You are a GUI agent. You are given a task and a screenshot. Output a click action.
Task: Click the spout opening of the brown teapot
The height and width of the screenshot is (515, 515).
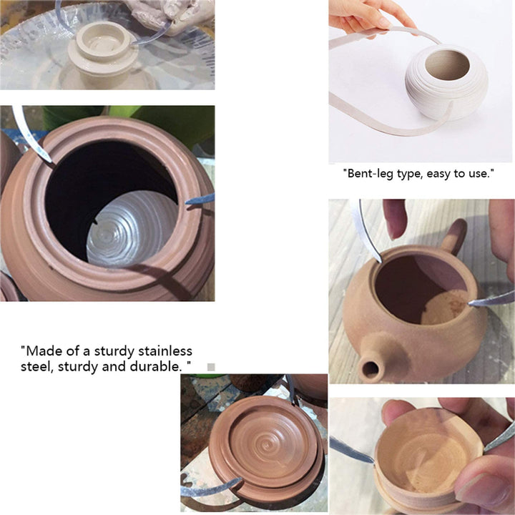click(x=371, y=370)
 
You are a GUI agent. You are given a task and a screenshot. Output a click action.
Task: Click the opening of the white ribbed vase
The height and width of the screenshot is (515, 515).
click(x=447, y=65)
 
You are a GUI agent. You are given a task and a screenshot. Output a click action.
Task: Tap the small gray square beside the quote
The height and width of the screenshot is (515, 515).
click(x=211, y=367)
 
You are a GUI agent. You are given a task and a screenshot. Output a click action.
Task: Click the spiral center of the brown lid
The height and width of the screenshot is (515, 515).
click(x=267, y=445)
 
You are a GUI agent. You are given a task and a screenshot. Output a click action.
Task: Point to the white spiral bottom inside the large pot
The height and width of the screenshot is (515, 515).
click(x=132, y=230)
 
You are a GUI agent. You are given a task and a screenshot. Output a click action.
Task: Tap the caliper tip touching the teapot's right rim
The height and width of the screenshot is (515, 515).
click(x=470, y=305)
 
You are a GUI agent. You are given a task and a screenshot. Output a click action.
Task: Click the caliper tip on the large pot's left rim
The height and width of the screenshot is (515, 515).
click(x=50, y=161)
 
